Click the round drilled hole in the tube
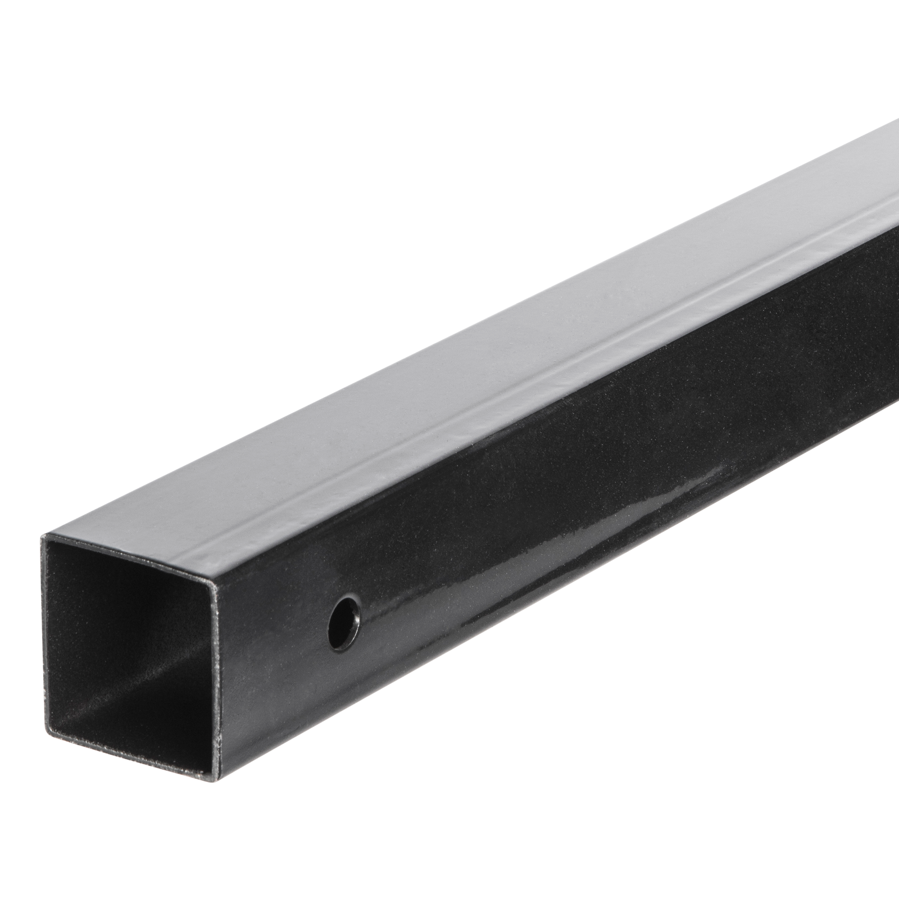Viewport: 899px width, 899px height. [x=345, y=622]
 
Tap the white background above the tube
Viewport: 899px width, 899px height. [x=281, y=169]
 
